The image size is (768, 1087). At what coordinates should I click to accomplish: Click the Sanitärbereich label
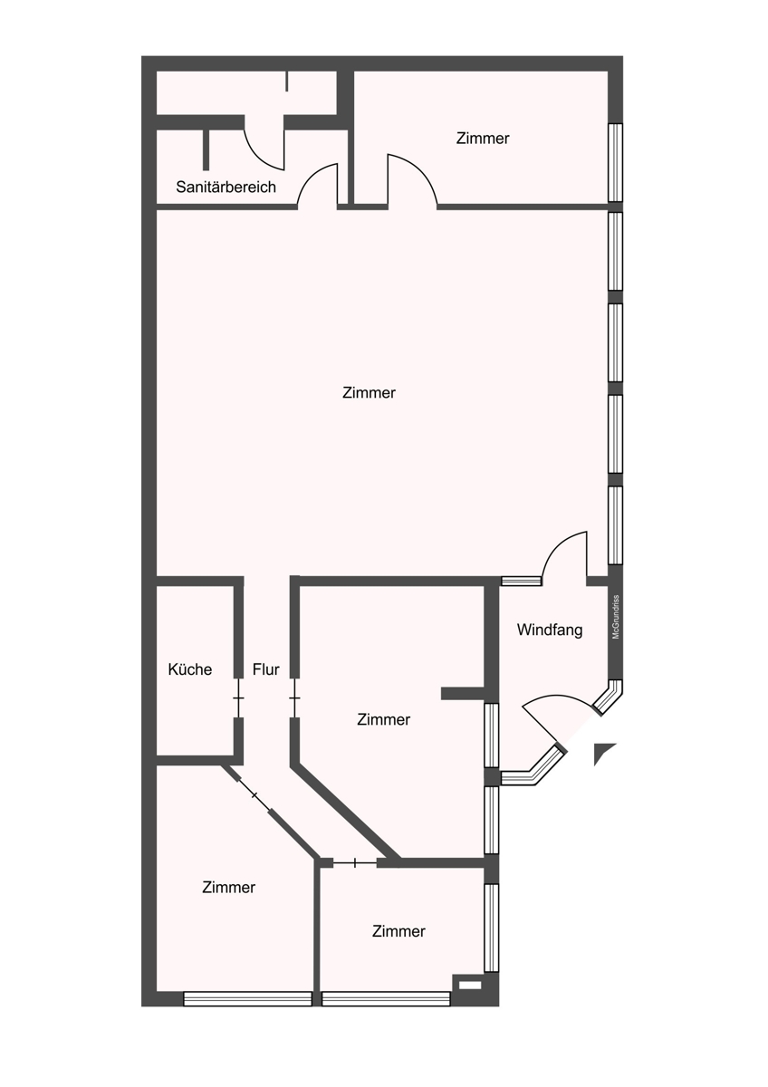pos(226,187)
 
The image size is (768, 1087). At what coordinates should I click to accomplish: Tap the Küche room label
pos(189,669)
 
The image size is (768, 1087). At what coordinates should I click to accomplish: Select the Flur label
pos(266,669)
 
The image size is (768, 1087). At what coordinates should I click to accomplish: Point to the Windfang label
pos(549,630)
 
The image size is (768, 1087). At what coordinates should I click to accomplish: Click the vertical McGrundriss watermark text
pos(616,617)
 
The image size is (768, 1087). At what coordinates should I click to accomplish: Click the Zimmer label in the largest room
pos(369,392)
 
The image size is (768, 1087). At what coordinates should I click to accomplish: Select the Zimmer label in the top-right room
pos(483,139)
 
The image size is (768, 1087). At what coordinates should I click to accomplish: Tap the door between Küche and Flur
pos(238,697)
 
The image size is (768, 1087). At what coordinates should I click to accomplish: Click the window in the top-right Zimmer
pos(615,162)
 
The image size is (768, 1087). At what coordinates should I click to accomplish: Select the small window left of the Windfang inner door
pos(521,581)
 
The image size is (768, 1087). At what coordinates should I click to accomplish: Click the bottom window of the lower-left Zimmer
pos(247,998)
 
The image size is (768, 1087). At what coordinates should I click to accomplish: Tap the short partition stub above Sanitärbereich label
pos(206,150)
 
